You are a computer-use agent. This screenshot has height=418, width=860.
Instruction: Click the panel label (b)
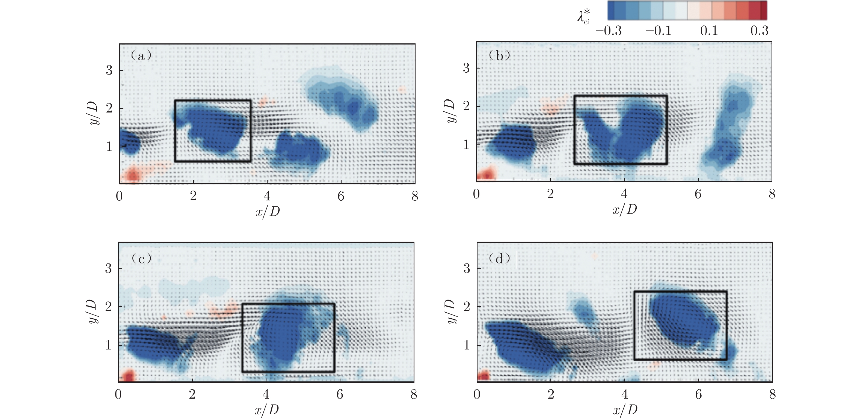point(499,55)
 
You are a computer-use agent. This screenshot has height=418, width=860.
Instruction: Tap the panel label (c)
point(141,258)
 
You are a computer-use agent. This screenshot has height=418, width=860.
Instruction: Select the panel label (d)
point(499,258)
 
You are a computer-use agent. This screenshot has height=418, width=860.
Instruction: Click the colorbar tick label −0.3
point(608,31)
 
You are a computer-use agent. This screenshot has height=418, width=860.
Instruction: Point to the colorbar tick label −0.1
point(658,31)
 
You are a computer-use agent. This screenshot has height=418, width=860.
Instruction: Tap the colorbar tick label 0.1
point(709,31)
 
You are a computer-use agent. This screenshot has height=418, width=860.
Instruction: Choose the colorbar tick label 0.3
point(759,31)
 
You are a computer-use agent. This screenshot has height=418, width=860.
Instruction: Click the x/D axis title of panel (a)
point(267,211)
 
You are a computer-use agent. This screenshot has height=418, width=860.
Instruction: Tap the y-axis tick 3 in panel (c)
point(108,268)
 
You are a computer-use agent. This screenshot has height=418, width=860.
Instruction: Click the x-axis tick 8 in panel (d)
point(772,395)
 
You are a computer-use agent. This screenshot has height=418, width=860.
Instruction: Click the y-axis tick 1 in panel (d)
point(467,345)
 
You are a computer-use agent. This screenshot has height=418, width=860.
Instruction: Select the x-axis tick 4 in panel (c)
point(266,395)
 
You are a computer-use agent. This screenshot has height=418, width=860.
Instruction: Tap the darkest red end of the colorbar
point(764,10)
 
